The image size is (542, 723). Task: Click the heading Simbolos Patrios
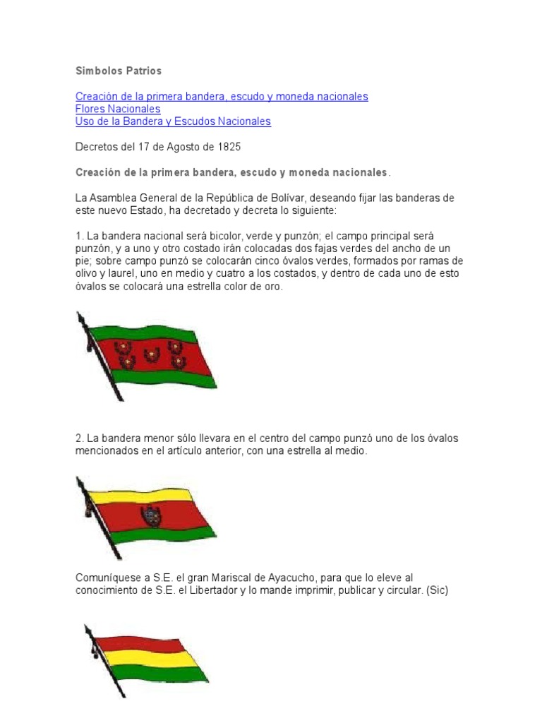pyautogui.click(x=119, y=71)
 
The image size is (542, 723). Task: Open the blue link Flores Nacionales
pyautogui.click(x=118, y=109)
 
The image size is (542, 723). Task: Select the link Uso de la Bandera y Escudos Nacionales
pyautogui.click(x=173, y=121)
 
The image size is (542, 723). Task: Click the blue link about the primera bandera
pyautogui.click(x=222, y=96)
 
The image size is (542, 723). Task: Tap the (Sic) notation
pyautogui.click(x=435, y=590)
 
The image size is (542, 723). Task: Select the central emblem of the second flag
pyautogui.click(x=150, y=516)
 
